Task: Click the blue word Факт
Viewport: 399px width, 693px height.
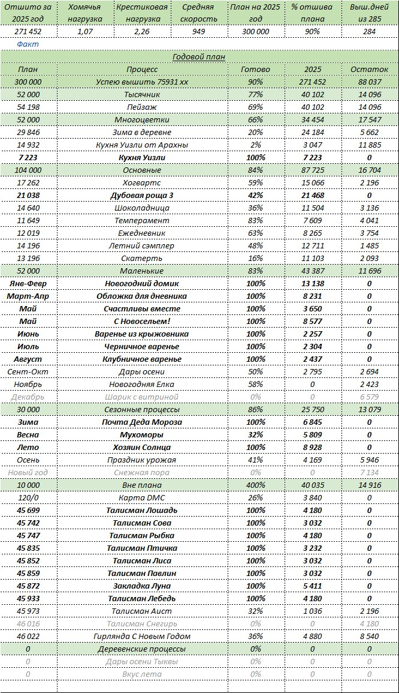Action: [x=27, y=44]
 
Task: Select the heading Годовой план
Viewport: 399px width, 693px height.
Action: [x=199, y=56]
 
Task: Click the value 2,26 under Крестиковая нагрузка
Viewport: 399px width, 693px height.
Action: [x=142, y=31]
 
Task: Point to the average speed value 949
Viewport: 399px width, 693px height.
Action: [x=199, y=31]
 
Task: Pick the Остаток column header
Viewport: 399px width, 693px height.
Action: [x=370, y=69]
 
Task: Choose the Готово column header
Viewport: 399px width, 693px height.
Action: [x=255, y=69]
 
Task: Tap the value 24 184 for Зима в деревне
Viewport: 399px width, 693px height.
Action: [x=312, y=132]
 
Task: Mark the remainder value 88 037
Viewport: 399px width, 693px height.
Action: [x=370, y=82]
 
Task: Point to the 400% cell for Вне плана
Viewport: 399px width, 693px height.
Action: [x=255, y=485]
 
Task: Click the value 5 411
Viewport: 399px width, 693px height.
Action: [x=312, y=586]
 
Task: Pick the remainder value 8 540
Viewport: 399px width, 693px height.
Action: [x=370, y=636]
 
